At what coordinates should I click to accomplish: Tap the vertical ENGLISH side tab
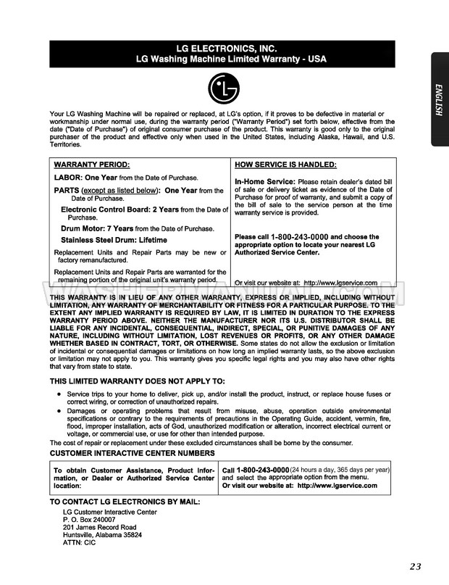439,99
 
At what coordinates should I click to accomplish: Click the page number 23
415,567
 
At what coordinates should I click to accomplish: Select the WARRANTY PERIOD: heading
86,165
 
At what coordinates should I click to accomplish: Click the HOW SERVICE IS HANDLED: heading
285,165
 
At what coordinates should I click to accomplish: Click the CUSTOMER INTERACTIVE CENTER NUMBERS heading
132,453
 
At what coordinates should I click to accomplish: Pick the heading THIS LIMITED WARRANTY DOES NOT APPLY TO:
137,381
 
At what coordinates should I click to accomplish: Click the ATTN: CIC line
80,543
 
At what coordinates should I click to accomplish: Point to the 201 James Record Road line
99,528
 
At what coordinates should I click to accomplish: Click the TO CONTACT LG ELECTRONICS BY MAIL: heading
125,502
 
